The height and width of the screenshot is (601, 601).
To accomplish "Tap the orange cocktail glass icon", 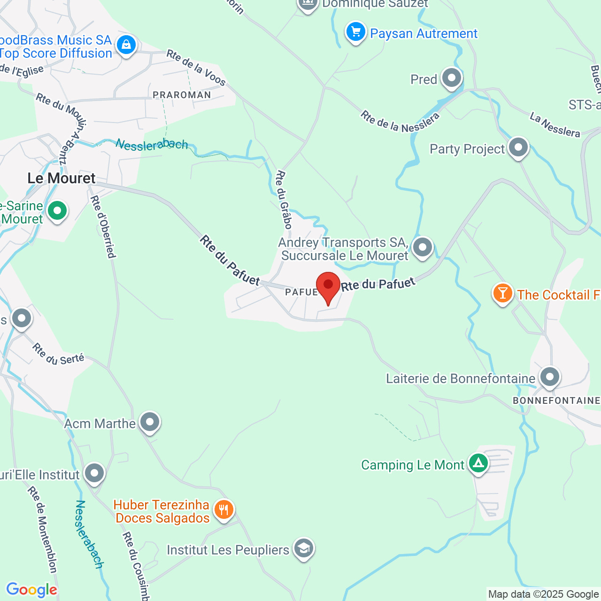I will [502, 293].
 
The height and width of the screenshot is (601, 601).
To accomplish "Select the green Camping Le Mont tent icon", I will [478, 463].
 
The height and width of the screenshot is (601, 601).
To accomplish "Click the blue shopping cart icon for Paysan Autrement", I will [356, 32].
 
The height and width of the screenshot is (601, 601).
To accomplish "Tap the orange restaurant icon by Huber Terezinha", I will [224, 509].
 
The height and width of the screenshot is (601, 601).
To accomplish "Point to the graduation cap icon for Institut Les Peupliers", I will [303, 548].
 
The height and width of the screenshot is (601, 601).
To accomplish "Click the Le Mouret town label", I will [62, 178].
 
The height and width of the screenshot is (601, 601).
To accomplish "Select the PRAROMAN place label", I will [182, 95].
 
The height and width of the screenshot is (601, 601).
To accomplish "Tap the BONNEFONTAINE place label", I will [556, 401].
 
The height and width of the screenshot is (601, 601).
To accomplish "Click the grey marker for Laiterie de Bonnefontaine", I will [549, 377].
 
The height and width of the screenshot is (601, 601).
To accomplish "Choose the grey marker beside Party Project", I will [518, 147].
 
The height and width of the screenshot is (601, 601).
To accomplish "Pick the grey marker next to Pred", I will [452, 78].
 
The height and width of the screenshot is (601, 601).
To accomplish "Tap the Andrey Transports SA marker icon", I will [423, 247].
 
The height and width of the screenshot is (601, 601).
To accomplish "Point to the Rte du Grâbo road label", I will [284, 200].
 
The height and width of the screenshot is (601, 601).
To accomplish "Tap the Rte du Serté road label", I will [58, 354].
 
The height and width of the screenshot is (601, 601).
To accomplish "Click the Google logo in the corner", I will [31, 590].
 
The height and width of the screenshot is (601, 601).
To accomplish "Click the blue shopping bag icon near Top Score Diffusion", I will [126, 45].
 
